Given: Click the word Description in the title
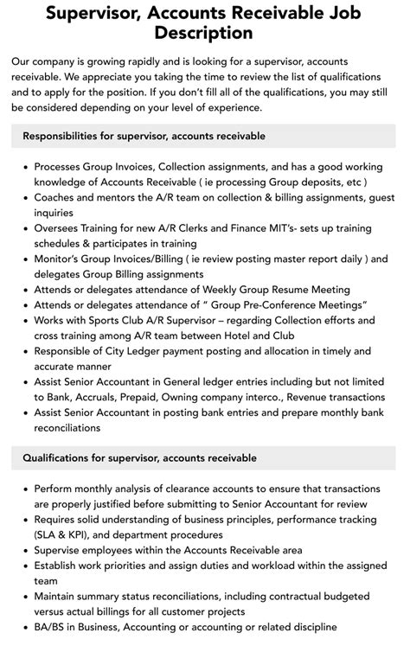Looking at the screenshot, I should tap(204, 33).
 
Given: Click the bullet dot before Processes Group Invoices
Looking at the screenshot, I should tap(22, 167).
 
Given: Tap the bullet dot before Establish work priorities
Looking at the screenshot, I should tap(22, 566).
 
